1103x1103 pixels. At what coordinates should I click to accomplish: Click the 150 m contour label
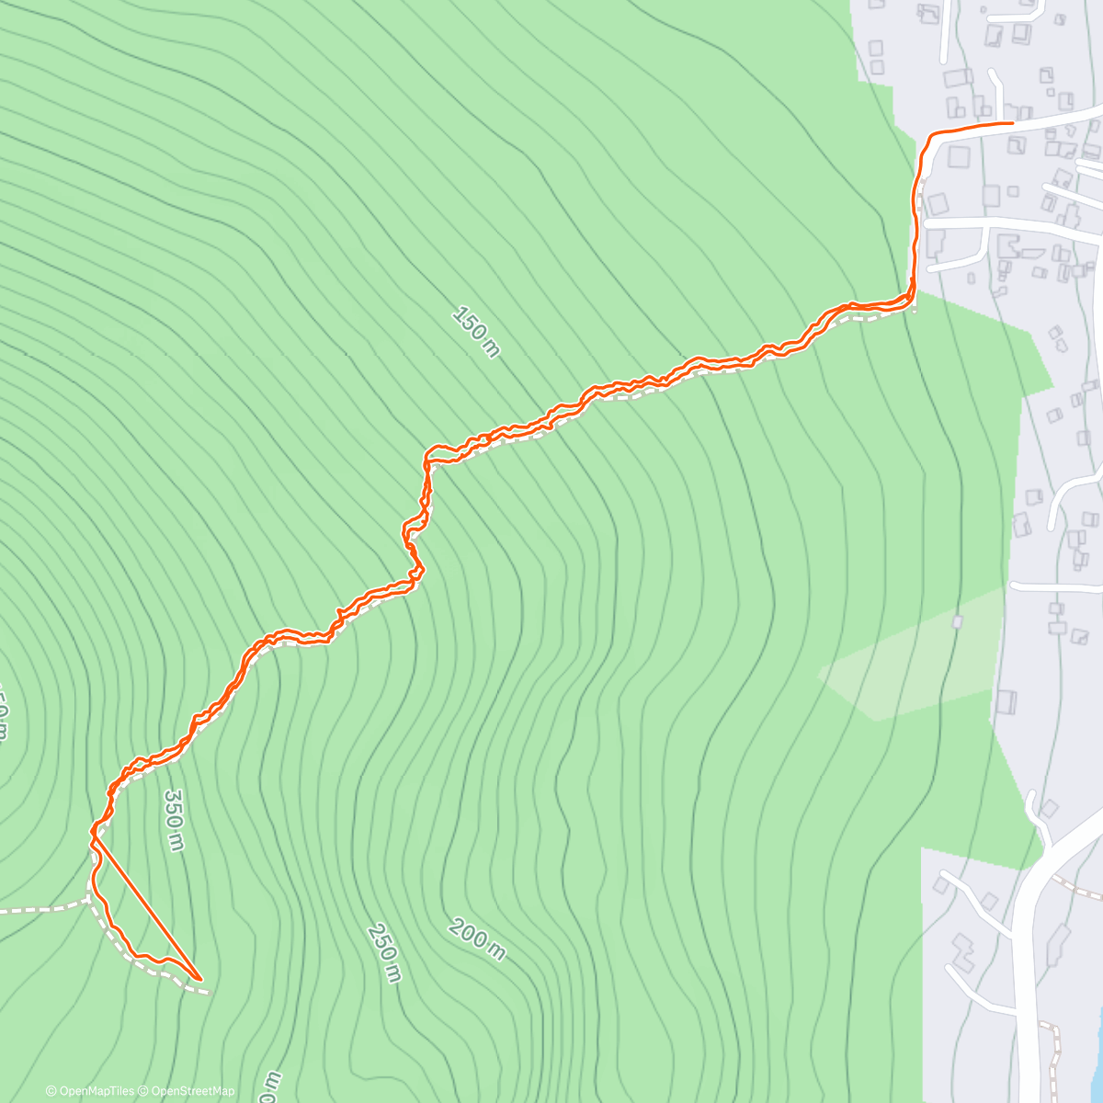click(x=476, y=331)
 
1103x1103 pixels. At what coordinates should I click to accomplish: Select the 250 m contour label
click(x=384, y=952)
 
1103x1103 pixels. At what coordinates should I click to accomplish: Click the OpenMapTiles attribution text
click(x=90, y=1091)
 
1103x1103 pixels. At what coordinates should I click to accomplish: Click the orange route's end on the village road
click(x=1011, y=122)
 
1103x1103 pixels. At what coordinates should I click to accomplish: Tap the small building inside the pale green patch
click(x=957, y=622)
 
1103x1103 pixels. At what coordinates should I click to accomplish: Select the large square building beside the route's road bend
click(x=958, y=156)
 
